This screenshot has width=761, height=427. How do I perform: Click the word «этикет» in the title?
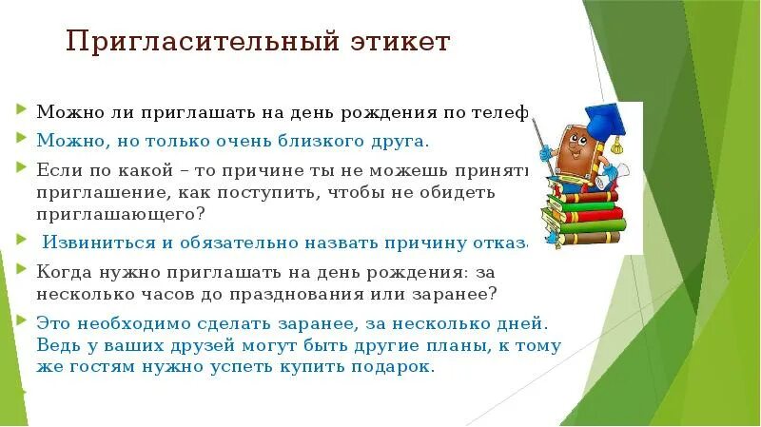tap(398, 43)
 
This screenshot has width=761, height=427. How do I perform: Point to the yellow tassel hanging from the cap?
tap(616, 143)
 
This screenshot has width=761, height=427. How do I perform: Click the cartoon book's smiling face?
tap(574, 147)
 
